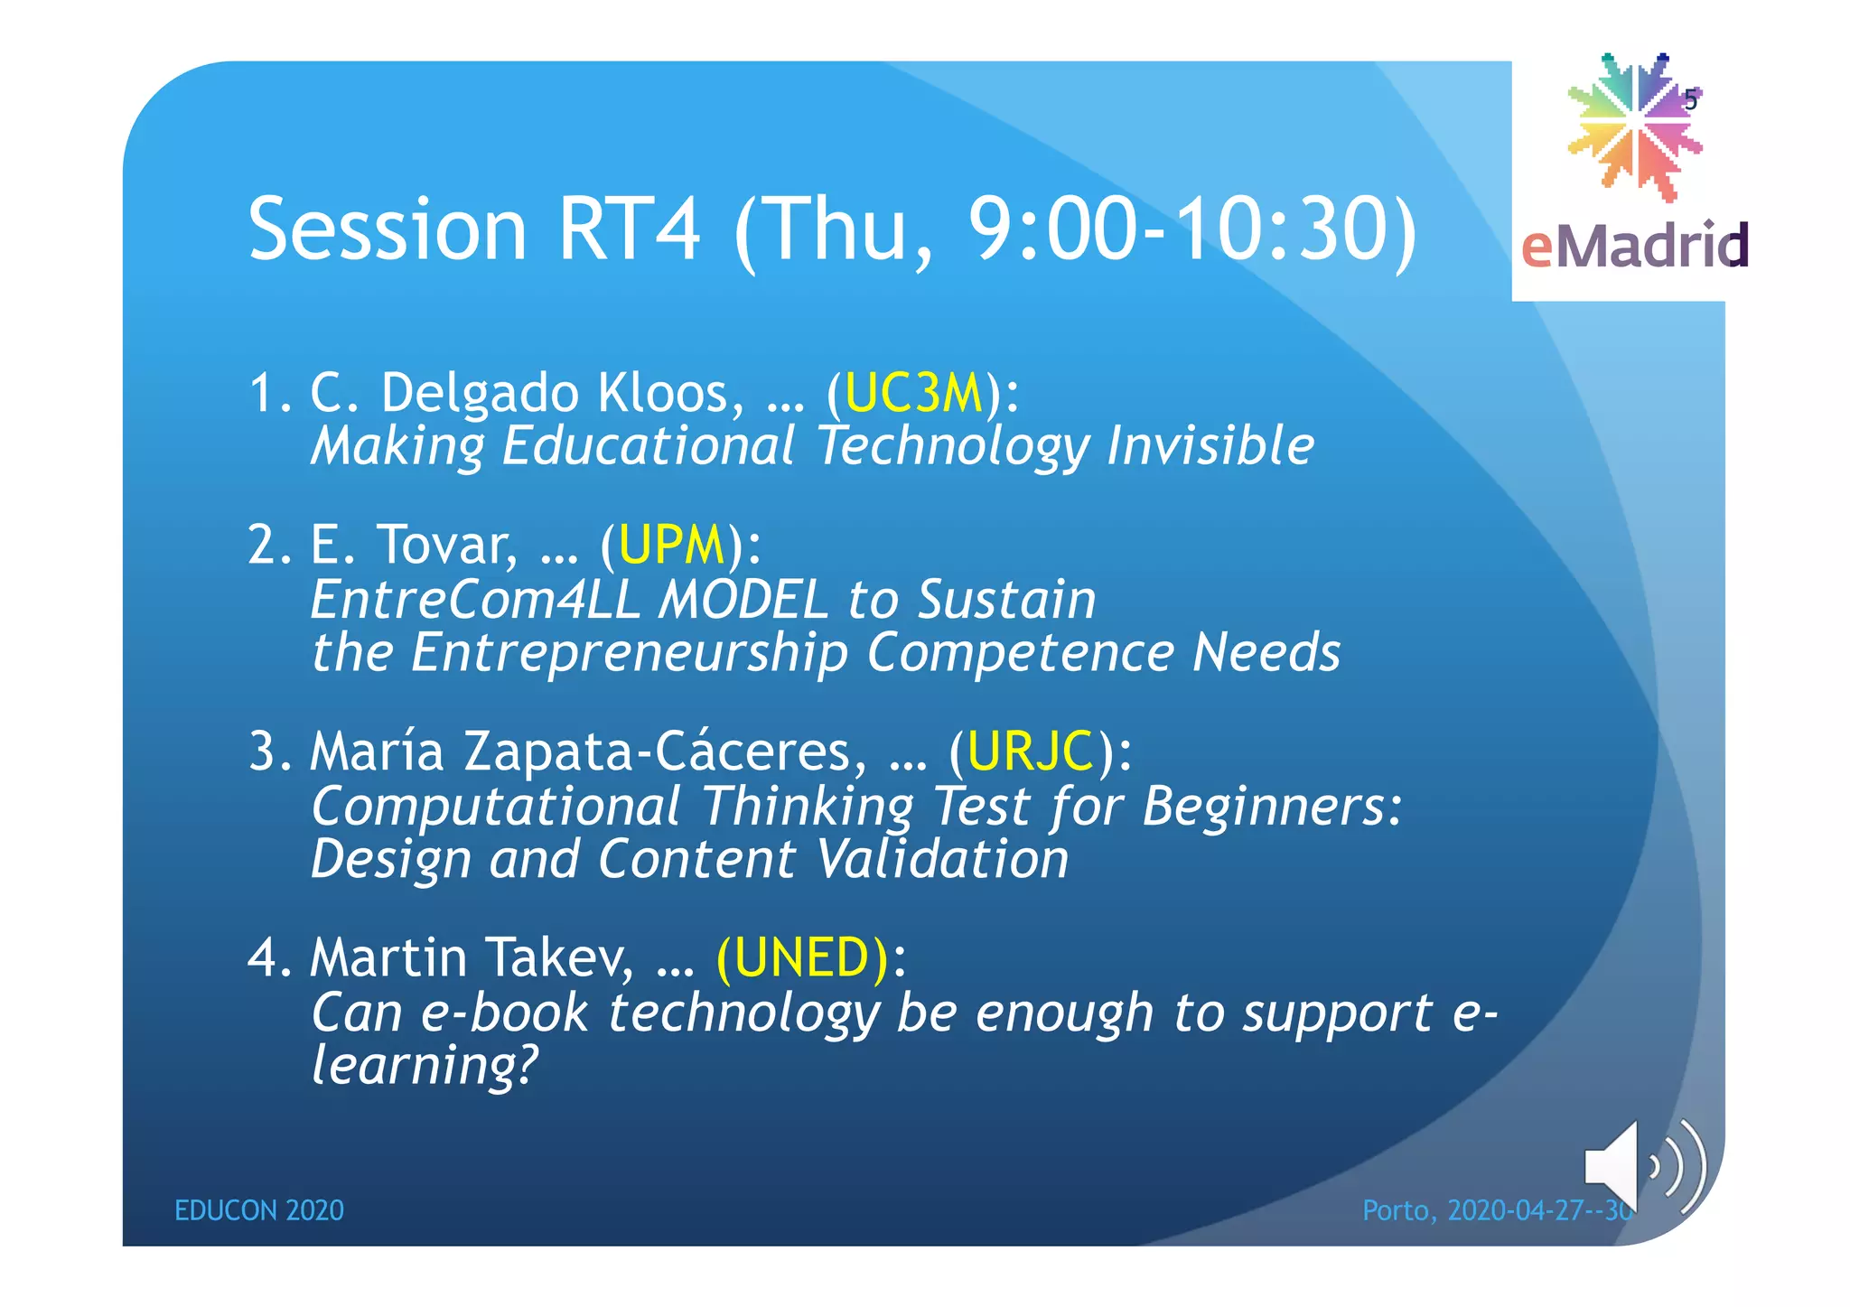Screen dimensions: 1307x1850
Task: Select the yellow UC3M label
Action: point(913,394)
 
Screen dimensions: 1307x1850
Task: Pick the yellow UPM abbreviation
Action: point(671,546)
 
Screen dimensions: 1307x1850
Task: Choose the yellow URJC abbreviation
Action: point(1030,752)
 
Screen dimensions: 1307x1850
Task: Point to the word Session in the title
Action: point(388,229)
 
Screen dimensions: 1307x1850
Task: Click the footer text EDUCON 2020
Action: point(258,1210)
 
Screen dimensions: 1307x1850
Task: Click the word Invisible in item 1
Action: point(1210,446)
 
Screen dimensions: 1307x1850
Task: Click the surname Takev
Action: point(559,957)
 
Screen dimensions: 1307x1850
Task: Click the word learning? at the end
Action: point(424,1066)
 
